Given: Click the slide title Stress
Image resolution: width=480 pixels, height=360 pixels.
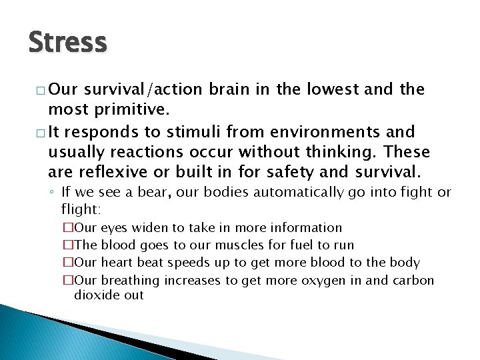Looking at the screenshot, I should coord(67,42).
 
